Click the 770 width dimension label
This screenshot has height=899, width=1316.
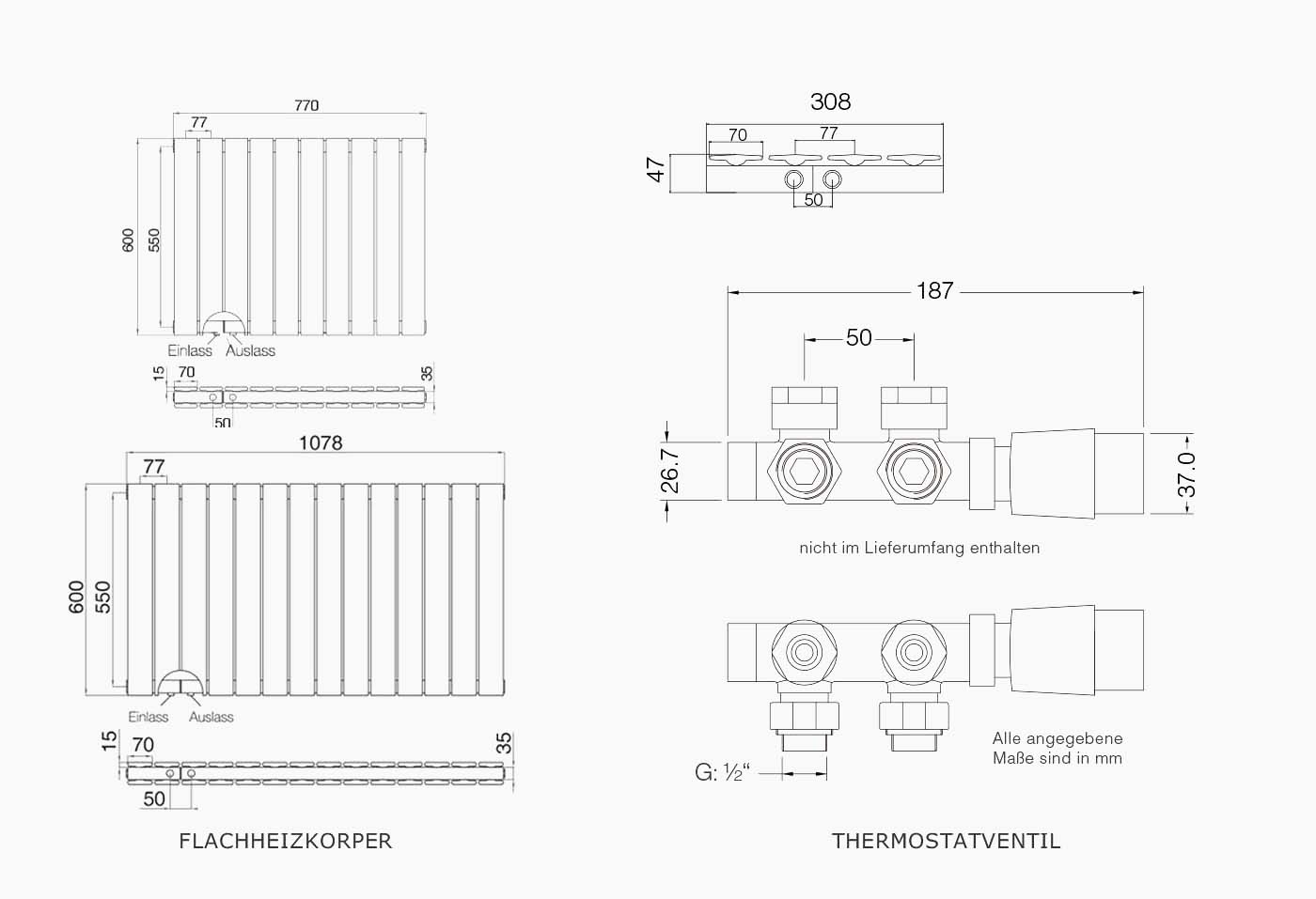tap(306, 105)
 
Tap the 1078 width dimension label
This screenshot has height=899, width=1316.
tap(321, 442)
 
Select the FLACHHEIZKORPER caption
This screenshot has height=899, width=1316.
tap(286, 841)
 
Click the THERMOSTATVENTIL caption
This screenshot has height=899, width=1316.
tap(946, 841)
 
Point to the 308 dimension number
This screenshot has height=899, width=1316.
tap(830, 101)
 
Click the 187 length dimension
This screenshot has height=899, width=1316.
tap(934, 290)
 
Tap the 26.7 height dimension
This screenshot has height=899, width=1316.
tap(670, 471)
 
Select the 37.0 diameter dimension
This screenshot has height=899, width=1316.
tap(1186, 474)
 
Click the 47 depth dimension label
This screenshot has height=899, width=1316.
tap(656, 169)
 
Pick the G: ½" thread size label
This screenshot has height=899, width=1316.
tap(722, 772)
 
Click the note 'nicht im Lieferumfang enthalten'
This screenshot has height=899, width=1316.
tap(919, 548)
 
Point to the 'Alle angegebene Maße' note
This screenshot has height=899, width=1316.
tap(1057, 748)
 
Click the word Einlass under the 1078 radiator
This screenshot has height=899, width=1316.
tap(149, 717)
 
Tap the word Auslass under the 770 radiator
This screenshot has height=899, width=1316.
tap(250, 350)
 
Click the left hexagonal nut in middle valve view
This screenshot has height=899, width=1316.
tap(804, 471)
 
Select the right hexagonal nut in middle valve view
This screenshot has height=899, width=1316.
tap(914, 471)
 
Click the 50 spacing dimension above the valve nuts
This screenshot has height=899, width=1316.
tap(859, 337)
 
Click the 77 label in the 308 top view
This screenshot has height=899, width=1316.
tap(828, 133)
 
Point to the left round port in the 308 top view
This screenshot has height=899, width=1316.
tap(793, 179)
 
